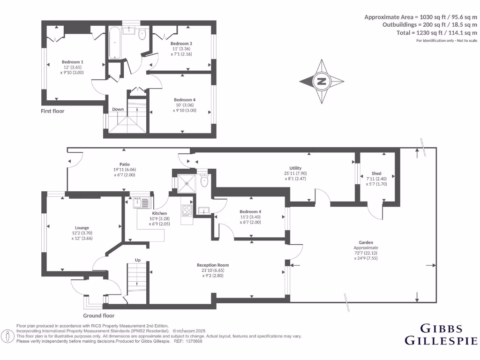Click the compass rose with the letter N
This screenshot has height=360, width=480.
click(322, 81)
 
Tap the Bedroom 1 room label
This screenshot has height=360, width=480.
click(73, 62)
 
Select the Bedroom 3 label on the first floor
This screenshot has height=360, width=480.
click(181, 44)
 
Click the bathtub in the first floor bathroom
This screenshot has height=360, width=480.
click(115, 43)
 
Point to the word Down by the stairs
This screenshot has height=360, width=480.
click(118, 110)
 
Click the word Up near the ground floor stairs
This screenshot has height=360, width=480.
click(138, 260)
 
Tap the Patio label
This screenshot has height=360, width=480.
click(124, 164)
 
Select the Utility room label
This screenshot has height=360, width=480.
click(295, 168)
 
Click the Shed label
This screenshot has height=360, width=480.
click(376, 173)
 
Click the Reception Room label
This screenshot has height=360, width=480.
click(213, 265)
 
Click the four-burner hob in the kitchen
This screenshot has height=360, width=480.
click(187, 210)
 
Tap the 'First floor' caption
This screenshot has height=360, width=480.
click(52, 111)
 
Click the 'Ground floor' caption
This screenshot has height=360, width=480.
click(99, 315)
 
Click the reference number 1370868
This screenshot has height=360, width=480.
click(193, 342)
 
